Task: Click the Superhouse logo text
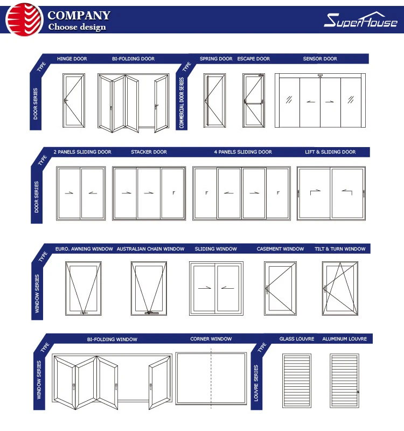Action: pyautogui.click(x=360, y=20)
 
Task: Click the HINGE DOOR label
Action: pyautogui.click(x=72, y=59)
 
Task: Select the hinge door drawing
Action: pyautogui.click(x=72, y=101)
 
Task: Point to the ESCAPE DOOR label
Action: pyautogui.click(x=253, y=59)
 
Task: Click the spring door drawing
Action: pyautogui.click(x=213, y=101)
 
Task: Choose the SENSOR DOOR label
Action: pyautogui.click(x=320, y=59)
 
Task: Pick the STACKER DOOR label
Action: pyautogui.click(x=149, y=152)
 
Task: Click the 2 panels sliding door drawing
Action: pyautogui.click(x=81, y=193)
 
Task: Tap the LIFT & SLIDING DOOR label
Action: pyautogui.click(x=330, y=152)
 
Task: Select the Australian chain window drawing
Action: pyautogui.click(x=148, y=288)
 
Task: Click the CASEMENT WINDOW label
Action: pyautogui.click(x=280, y=249)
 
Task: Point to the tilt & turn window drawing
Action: pyautogui.click(x=339, y=288)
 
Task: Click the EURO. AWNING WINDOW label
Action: pyautogui.click(x=84, y=249)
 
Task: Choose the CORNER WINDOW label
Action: pyautogui.click(x=211, y=339)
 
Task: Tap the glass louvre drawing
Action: pyautogui.click(x=297, y=380)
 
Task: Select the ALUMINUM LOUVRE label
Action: pyautogui.click(x=344, y=339)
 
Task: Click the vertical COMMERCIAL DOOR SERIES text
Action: pyautogui.click(x=182, y=102)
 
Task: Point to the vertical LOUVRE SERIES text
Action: pyautogui.click(x=256, y=383)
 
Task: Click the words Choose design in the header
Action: pyautogui.click(x=77, y=27)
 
